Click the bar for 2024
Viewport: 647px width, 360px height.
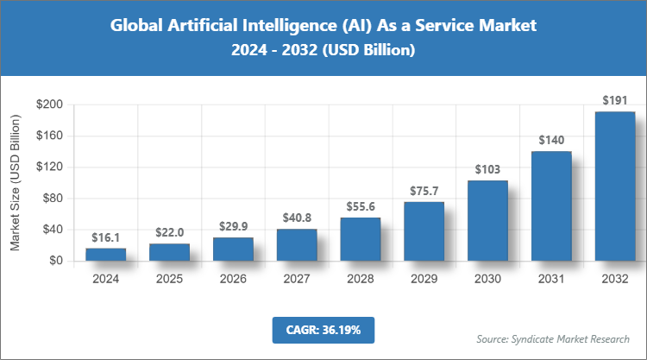point(105,254)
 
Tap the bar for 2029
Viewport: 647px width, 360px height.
point(424,231)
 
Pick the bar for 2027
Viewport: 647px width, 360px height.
point(297,244)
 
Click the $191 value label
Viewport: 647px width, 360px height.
point(615,101)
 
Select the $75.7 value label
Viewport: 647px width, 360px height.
point(424,191)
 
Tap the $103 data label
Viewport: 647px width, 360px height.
point(487,169)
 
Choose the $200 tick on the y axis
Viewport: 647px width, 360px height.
point(48,104)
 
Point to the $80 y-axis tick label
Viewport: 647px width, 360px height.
point(52,198)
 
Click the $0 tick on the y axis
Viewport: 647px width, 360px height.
point(55,260)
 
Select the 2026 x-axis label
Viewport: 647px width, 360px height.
point(233,279)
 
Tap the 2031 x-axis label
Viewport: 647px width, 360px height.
point(551,279)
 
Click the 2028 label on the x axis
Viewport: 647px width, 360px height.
point(361,279)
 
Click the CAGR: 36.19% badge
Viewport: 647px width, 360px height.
point(323,330)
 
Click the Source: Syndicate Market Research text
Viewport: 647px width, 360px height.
point(552,338)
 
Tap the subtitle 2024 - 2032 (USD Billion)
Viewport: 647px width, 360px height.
point(323,51)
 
